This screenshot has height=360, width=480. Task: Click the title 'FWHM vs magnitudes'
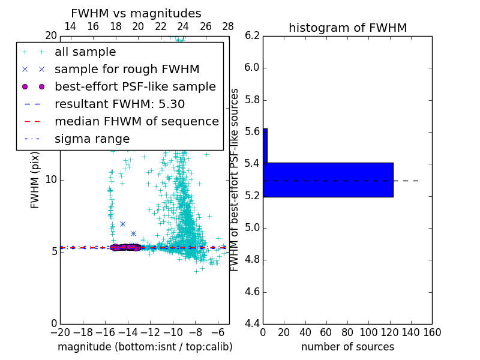tap(136, 13)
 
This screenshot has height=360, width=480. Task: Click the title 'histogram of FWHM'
tap(347, 28)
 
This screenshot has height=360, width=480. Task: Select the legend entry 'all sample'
tap(85, 52)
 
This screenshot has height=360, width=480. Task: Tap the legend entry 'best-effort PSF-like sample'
tap(135, 86)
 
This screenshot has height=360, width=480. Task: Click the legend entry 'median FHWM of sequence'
tap(136, 121)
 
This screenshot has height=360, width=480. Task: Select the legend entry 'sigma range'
tap(92, 139)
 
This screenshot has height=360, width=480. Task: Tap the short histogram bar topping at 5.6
tap(265, 145)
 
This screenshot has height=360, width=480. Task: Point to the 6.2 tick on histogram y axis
tap(252, 35)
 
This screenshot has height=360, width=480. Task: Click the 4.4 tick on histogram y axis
tap(252, 324)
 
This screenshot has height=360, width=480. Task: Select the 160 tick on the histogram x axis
tap(432, 332)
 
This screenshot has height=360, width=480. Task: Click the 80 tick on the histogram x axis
tap(347, 332)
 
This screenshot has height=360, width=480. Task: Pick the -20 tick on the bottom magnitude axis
tap(60, 332)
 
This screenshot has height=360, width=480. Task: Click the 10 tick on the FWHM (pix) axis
tap(51, 179)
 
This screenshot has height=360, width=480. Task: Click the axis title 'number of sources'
tap(347, 347)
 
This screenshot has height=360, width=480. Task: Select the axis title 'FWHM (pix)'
tap(35, 179)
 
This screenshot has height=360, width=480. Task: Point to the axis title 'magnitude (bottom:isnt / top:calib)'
tap(145, 347)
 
